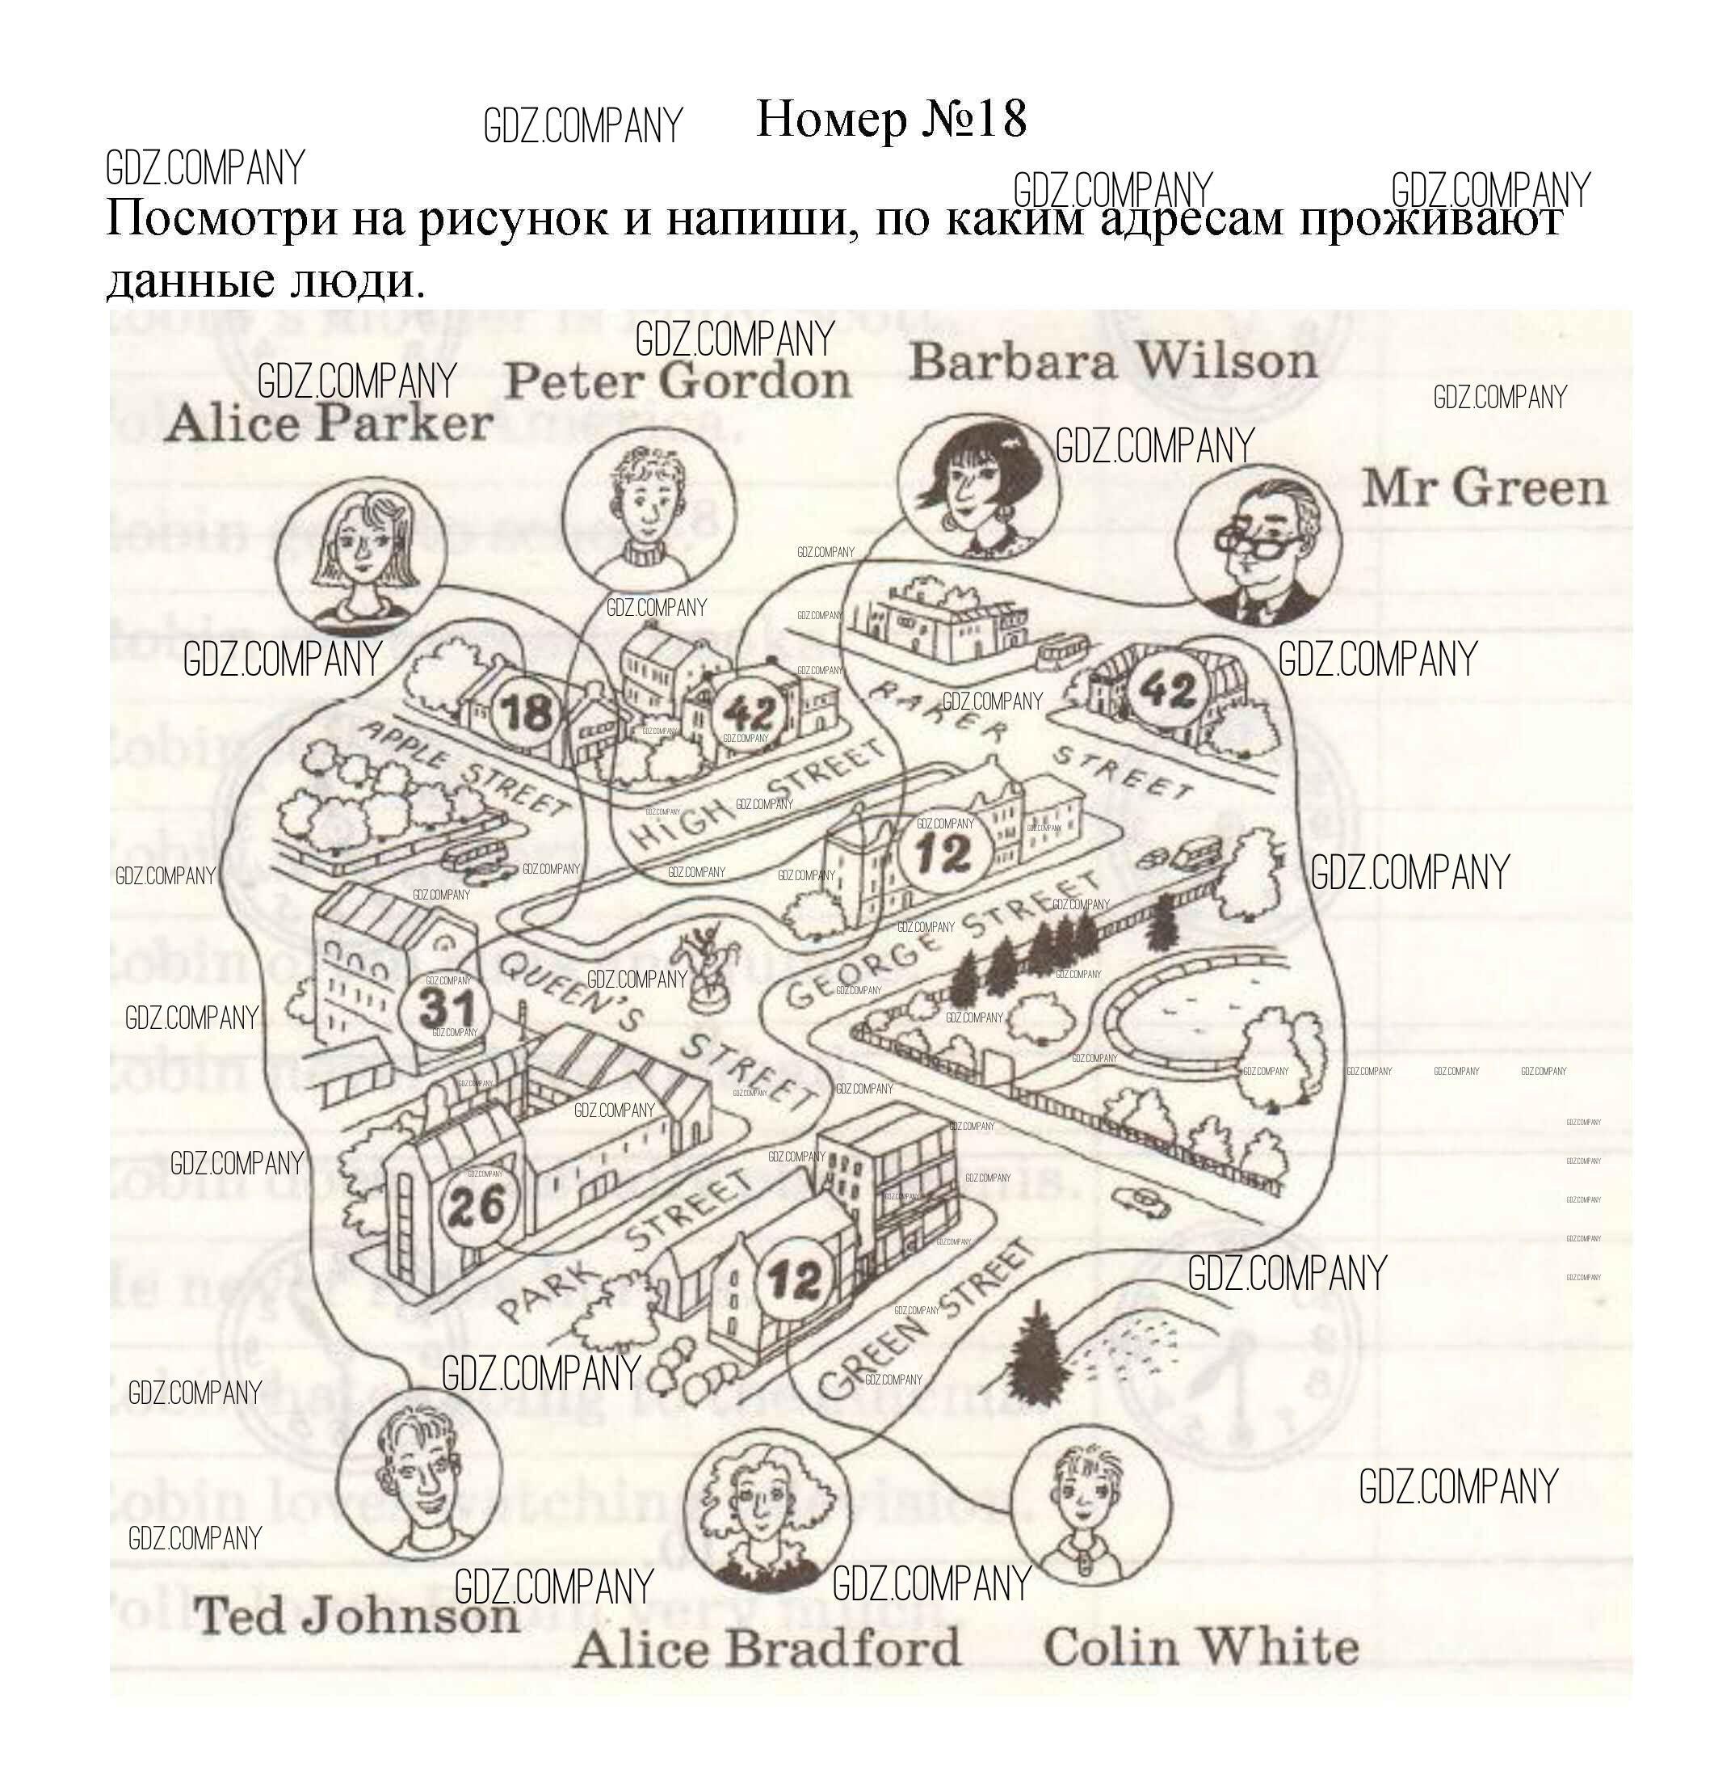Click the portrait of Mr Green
[x=1258, y=547]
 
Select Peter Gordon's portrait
[x=648, y=514]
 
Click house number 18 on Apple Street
[x=527, y=712]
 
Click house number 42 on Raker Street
[x=1169, y=689]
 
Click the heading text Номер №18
[x=891, y=120]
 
